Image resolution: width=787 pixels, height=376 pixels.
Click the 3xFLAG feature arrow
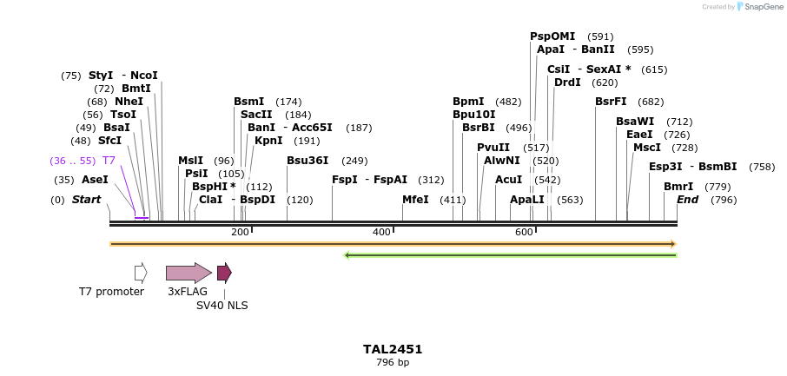point(188,273)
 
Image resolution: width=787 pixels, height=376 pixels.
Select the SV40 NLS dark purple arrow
point(224,273)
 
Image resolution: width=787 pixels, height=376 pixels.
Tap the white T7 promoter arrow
point(141,273)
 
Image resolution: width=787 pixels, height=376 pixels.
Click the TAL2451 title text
point(393,349)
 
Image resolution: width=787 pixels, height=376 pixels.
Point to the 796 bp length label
point(393,362)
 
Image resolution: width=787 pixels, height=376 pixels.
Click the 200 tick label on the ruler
point(240,232)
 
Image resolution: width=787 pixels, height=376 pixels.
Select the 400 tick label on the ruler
point(381,232)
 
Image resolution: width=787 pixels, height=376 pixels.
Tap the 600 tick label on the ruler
point(524,232)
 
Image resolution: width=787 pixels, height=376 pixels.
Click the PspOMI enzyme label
point(552,36)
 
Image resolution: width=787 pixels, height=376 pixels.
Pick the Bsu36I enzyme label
point(308,161)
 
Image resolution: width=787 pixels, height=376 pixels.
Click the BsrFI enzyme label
point(611,102)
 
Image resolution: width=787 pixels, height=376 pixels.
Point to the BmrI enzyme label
point(678,187)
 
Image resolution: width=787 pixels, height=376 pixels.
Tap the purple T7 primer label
point(109,161)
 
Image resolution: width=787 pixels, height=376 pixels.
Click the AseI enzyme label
point(95,180)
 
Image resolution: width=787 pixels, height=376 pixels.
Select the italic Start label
point(86,200)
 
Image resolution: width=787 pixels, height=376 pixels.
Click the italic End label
point(687,200)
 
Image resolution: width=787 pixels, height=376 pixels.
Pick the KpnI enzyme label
point(268,141)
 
